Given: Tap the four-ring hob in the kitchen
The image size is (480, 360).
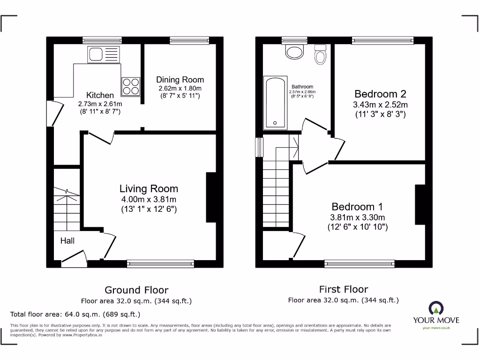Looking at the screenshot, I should click(131, 86).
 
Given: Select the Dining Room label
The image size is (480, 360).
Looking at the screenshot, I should click(180, 80).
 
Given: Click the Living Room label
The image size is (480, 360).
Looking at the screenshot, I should click(149, 189).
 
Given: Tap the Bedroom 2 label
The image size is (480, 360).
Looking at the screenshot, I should click(380, 94).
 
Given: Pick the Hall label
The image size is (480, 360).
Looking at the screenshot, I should click(67, 241).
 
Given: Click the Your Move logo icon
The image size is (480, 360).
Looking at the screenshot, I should click(436, 308).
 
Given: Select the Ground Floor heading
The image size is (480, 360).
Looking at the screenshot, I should click(136, 290).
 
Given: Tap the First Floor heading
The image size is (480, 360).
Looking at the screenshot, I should click(344, 289).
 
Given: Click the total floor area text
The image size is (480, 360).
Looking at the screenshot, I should click(75, 314).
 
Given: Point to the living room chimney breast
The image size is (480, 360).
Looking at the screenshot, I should click(211, 197).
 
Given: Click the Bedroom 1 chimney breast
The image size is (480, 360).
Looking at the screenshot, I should click(420, 205).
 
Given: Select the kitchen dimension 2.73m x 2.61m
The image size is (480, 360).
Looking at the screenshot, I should click(100, 104).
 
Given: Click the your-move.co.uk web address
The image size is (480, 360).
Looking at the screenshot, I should click(436, 328).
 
